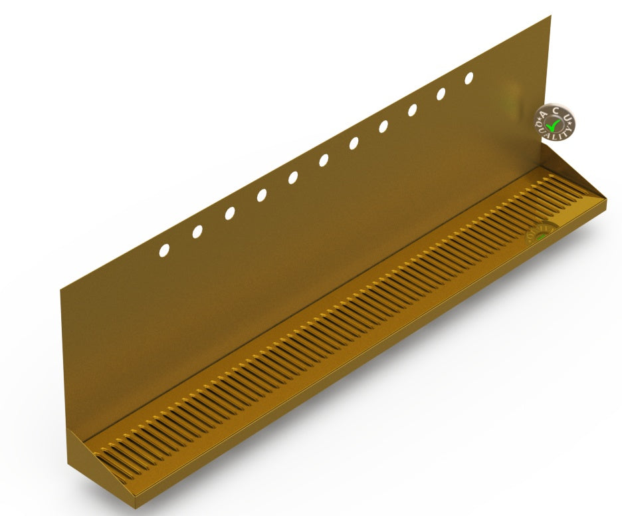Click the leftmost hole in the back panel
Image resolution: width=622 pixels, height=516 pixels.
(x=164, y=250)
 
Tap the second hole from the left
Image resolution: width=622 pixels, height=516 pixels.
(x=197, y=231)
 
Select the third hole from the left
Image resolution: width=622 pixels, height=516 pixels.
(x=230, y=213)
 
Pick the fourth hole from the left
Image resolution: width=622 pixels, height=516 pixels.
(x=262, y=195)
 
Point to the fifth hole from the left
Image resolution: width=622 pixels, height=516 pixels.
(x=293, y=177)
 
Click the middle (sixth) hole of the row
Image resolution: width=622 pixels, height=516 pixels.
(x=324, y=160)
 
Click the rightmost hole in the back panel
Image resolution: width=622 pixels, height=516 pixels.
(x=469, y=78)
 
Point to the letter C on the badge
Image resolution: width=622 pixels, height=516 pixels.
(x=557, y=110)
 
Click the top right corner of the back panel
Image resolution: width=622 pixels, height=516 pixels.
(x=550, y=17)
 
